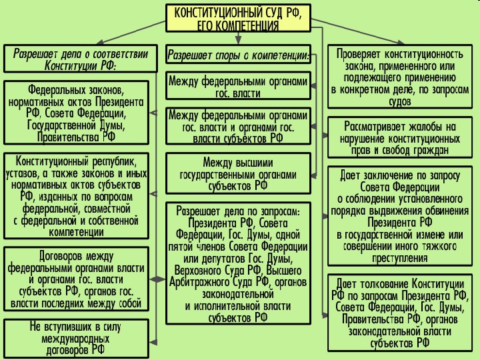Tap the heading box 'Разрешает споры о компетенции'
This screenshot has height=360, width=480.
[238, 55]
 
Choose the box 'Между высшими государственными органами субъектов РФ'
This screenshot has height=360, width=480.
[238, 173]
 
